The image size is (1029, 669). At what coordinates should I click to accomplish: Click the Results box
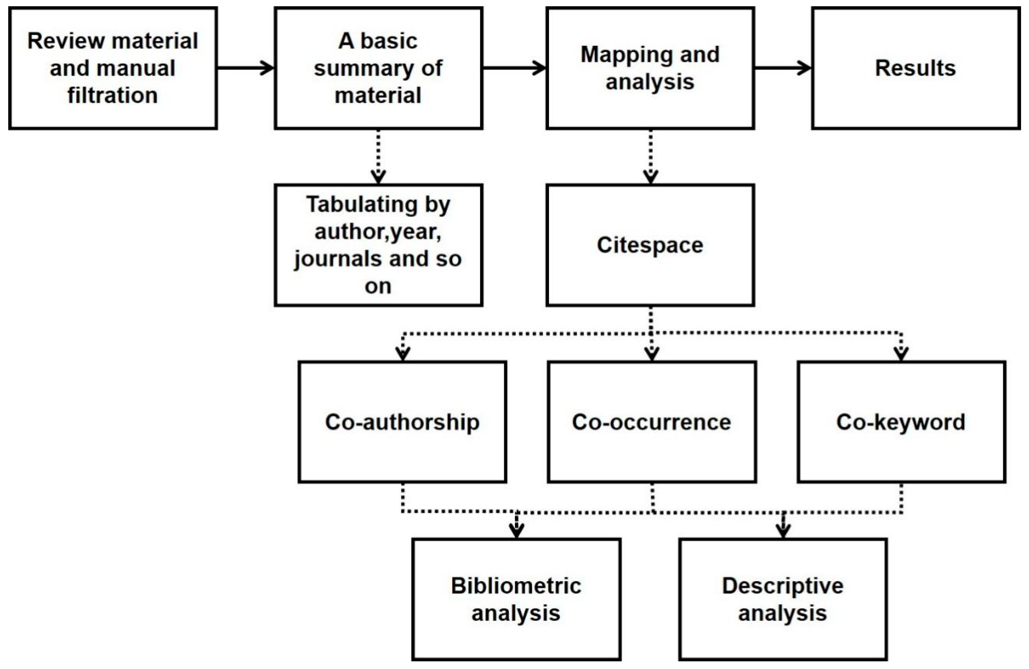[x=915, y=68]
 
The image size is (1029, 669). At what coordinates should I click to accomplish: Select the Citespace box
[x=650, y=245]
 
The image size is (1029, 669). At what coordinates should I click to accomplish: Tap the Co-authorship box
[x=402, y=422]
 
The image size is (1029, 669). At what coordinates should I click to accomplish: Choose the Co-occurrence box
[x=652, y=422]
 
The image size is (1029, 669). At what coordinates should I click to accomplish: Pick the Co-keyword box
[x=901, y=422]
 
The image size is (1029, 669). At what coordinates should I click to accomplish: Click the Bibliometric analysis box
[x=516, y=599]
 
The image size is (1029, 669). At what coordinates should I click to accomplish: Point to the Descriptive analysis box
[x=782, y=599]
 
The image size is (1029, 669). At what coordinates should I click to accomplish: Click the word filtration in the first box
[x=112, y=95]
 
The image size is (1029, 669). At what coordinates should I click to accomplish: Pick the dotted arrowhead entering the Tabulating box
[x=378, y=176]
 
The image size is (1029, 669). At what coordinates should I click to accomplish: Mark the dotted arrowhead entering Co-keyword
[x=901, y=354]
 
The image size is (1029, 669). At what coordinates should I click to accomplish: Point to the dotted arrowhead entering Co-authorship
[x=403, y=354]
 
